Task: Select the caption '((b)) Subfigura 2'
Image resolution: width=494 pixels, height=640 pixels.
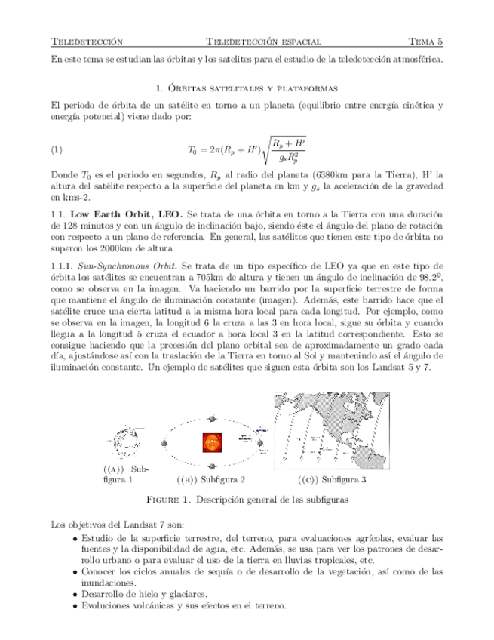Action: coord(210,479)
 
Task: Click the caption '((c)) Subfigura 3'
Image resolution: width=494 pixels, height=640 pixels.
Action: coord(331,479)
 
